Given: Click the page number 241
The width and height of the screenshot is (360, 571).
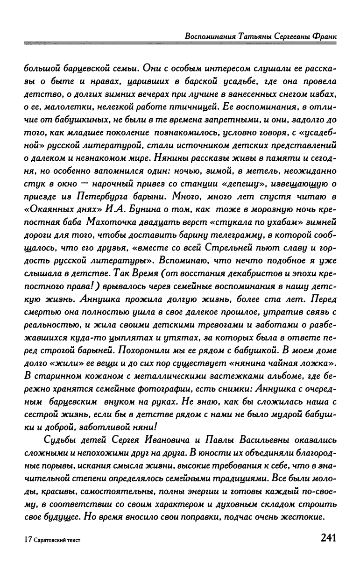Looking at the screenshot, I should (x=328, y=537).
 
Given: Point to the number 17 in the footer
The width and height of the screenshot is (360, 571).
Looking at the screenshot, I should (x=28, y=539).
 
